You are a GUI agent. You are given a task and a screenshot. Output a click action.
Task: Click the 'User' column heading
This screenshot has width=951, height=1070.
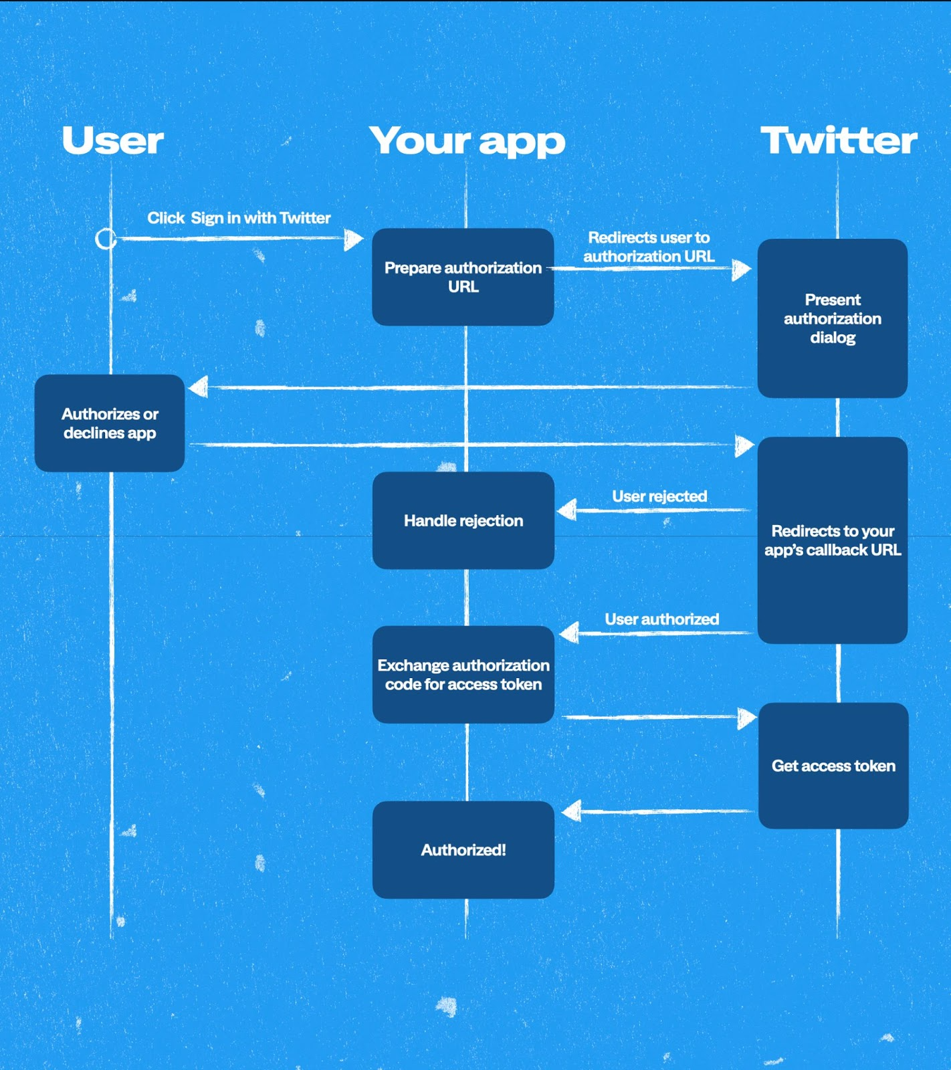coord(112,140)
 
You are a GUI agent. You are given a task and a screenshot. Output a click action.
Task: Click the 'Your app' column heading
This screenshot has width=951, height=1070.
coord(467,141)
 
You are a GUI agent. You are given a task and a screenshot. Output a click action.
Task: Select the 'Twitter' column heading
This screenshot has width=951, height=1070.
coord(839,140)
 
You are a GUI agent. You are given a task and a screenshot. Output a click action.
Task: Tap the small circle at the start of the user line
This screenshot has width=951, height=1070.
coord(106,239)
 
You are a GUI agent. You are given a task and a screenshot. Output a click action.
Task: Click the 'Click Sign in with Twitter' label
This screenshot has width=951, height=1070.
coord(239,218)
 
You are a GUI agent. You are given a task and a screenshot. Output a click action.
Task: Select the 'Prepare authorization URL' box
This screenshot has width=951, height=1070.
coord(463,277)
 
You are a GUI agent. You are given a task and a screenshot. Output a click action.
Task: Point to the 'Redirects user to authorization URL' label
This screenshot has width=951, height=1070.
coord(649,247)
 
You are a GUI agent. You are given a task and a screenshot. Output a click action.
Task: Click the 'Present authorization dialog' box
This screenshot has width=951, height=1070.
coord(832,318)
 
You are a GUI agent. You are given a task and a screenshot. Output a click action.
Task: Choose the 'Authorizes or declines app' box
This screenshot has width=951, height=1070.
coord(110,423)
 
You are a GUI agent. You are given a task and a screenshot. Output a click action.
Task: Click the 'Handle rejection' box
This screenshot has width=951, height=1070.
coord(463,520)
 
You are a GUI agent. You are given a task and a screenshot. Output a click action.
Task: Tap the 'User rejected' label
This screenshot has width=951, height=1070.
coord(659,496)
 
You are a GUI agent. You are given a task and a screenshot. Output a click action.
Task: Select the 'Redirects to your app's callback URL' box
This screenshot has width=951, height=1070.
coord(832,540)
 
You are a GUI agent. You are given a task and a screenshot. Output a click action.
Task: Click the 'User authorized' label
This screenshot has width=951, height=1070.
coord(661,619)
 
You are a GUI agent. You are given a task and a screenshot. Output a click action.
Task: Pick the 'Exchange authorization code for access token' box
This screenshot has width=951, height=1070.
coord(463,674)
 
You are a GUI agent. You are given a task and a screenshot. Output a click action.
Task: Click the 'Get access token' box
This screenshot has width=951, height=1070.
coord(833,766)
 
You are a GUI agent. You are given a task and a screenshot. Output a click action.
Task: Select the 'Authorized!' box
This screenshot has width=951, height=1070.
coord(463,850)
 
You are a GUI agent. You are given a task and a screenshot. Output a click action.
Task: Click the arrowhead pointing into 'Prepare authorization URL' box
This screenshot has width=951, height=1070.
coord(353,239)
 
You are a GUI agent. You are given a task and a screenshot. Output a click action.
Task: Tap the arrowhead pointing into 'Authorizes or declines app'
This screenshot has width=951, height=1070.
coord(199,387)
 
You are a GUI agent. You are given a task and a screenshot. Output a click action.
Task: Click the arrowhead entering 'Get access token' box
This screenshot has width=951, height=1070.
coord(746,718)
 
